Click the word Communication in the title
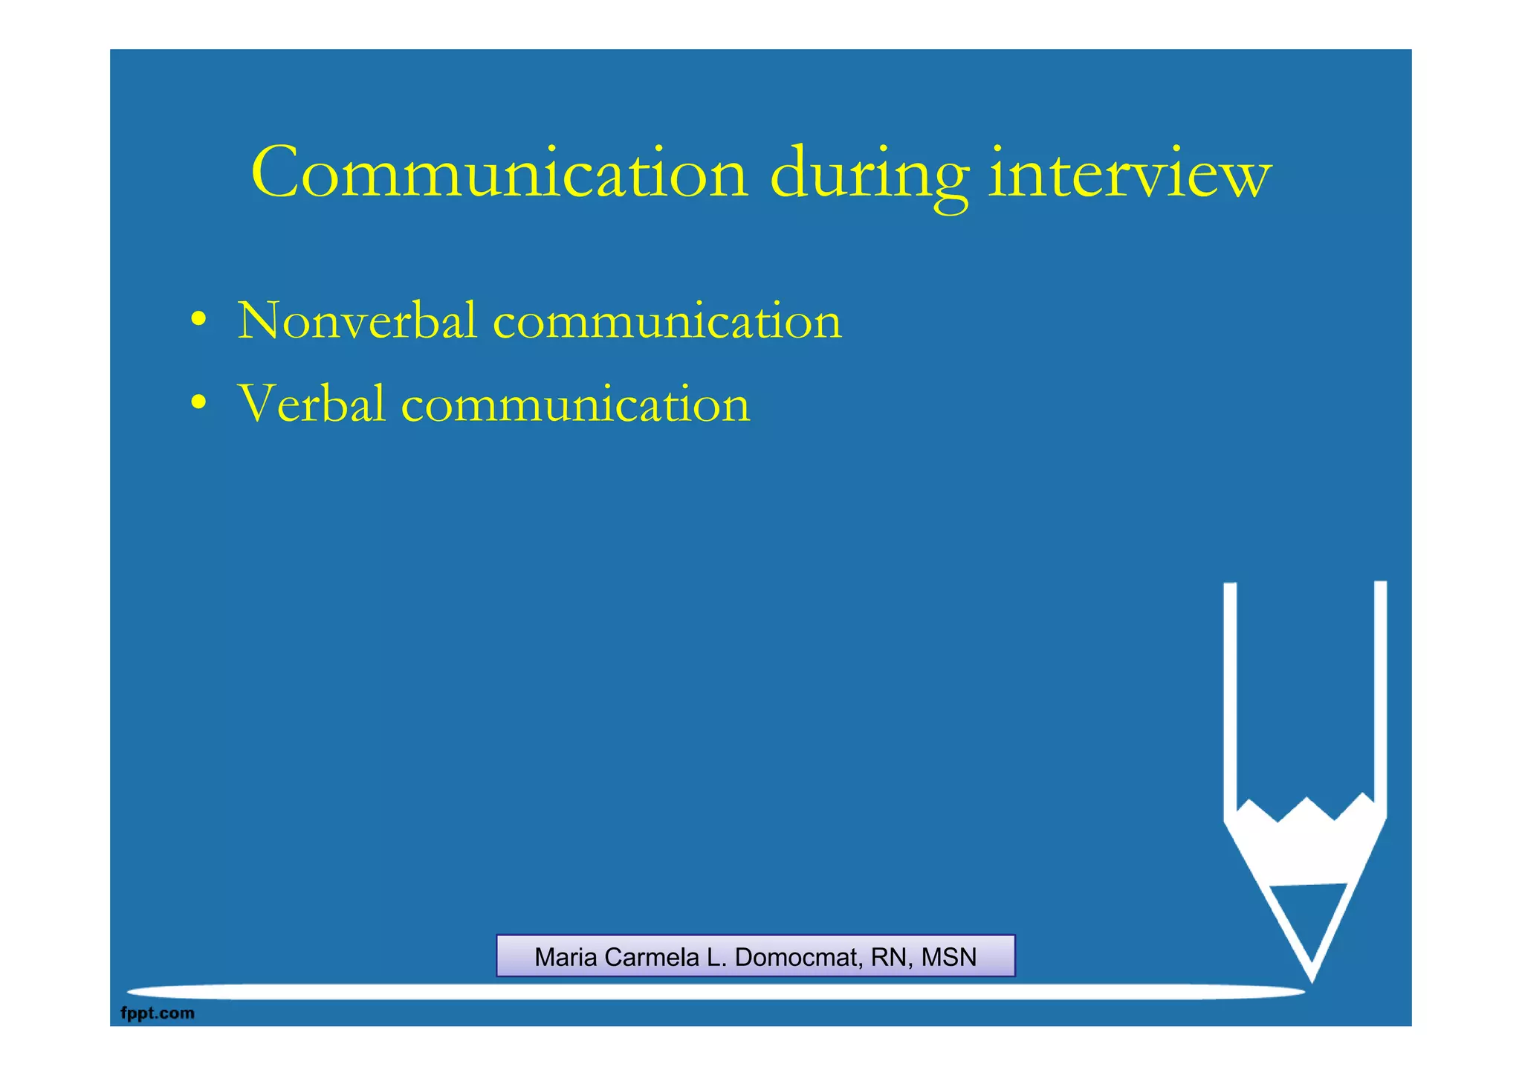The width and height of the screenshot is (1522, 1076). click(x=499, y=173)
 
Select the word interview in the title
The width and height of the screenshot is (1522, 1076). click(x=1130, y=173)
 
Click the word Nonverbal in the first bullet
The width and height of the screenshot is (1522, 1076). click(x=357, y=320)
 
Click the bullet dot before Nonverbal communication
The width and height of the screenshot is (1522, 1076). click(x=198, y=320)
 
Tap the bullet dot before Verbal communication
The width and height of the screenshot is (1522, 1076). click(x=198, y=404)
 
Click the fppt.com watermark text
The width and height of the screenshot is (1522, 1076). click(x=158, y=1013)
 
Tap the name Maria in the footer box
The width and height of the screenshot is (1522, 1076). click(x=566, y=957)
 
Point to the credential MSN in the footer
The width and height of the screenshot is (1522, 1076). click(x=949, y=957)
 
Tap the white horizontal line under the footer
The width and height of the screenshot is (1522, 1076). click(x=713, y=991)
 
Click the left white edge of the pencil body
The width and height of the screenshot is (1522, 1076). click(x=1230, y=699)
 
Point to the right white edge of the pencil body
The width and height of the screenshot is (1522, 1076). click(x=1380, y=699)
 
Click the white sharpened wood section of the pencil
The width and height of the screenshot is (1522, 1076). click(x=1306, y=848)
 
